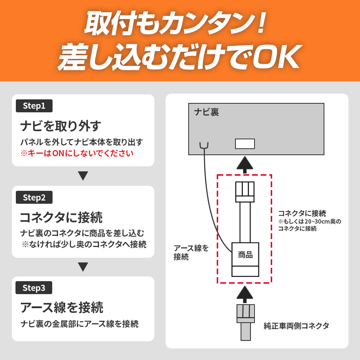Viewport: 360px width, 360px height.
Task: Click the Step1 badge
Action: pos(34,106)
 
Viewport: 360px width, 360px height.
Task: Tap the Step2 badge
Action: pos(34,197)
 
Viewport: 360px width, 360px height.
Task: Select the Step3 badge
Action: pos(34,288)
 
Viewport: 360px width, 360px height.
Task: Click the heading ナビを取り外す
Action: pos(60,126)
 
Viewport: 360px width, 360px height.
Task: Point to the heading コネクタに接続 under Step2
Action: pos(61,217)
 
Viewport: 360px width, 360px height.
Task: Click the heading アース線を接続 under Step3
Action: pos(62,308)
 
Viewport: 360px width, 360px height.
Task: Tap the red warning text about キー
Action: pos(77,153)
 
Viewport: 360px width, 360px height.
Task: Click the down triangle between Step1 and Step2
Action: pos(83,176)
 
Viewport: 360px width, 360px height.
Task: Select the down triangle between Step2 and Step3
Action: pos(83,267)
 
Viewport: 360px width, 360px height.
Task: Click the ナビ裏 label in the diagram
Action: pos(206,112)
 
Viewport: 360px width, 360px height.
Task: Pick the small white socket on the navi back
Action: pos(245,144)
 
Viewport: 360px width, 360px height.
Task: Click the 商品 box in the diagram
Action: pos(245,260)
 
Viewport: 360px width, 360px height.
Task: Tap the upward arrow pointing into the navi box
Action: pos(245,165)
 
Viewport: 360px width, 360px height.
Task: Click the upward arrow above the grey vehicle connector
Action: pos(245,294)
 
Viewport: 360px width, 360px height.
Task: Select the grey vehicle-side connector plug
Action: pos(246,322)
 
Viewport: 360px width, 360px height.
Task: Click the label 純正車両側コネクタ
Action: pos(296,326)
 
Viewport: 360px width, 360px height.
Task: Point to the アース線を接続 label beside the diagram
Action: pos(191,252)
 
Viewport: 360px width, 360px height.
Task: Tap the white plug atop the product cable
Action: pos(245,192)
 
